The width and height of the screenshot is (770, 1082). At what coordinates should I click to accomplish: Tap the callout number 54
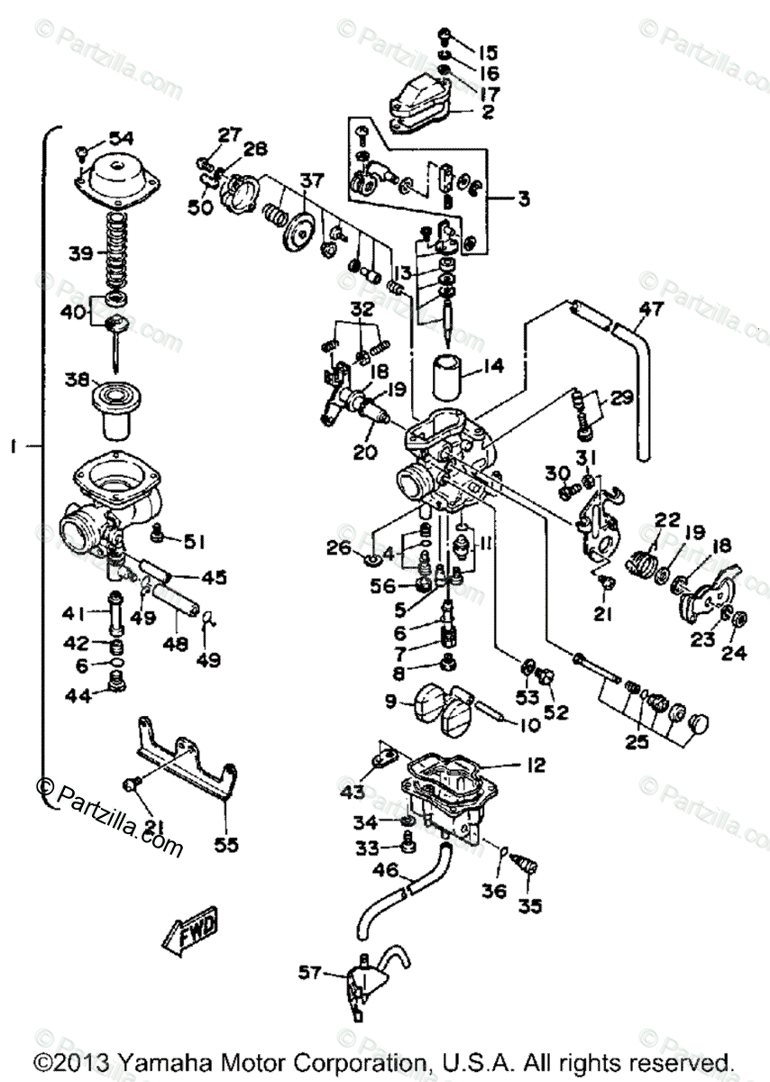[x=121, y=137]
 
